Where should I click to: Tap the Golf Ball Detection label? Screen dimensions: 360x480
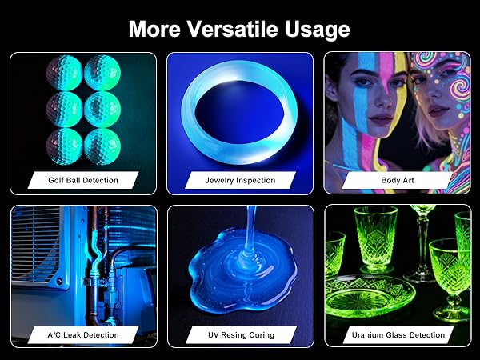click(x=83, y=181)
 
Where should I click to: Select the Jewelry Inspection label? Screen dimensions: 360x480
click(x=240, y=181)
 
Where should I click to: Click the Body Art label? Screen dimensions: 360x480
click(x=397, y=181)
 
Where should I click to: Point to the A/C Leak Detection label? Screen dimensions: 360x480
click(x=83, y=334)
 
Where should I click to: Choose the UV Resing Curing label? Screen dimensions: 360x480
click(x=240, y=334)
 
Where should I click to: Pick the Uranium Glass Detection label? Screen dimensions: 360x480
click(x=398, y=334)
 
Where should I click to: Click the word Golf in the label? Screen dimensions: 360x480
click(x=57, y=181)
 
